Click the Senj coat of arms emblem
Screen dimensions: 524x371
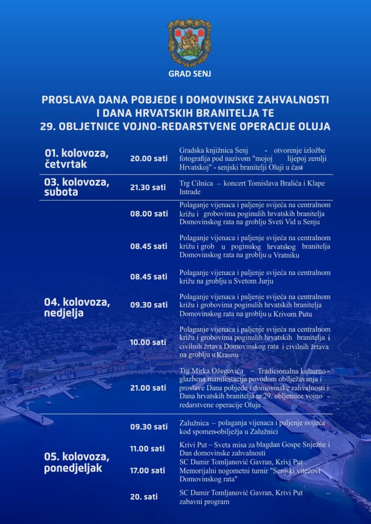(189, 43)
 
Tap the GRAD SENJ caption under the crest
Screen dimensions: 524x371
(189, 74)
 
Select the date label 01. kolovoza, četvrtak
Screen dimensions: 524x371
(77, 159)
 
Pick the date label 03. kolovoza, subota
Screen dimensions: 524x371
(77, 187)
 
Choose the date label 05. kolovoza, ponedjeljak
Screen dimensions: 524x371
(77, 462)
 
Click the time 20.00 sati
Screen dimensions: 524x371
(148, 158)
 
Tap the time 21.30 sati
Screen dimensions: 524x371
(148, 187)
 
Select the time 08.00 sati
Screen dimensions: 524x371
(148, 214)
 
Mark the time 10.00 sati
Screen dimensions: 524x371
(148, 342)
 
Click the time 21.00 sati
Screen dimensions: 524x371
(148, 387)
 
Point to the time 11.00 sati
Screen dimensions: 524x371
(147, 448)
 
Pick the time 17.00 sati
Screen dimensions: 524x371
(147, 470)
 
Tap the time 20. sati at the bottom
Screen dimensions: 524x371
(143, 497)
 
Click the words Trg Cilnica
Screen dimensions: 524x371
(196, 183)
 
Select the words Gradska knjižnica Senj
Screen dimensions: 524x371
(214, 151)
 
